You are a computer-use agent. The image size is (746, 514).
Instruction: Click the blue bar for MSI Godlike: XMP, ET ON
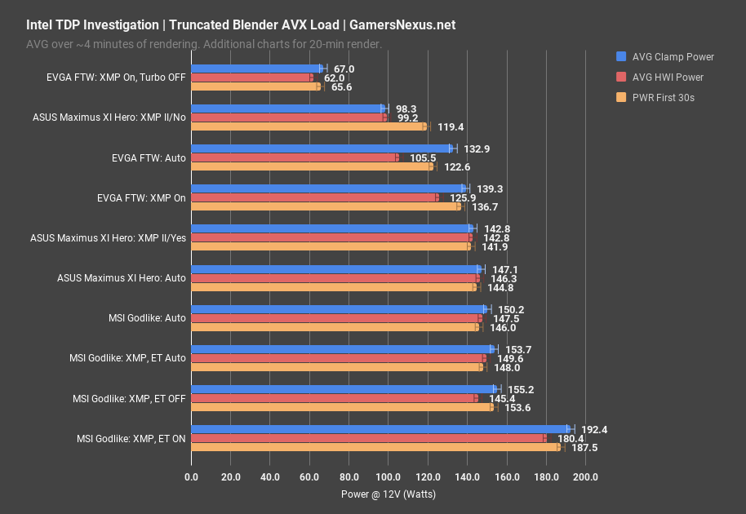[x=380, y=428]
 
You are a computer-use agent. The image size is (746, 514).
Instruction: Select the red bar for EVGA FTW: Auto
[x=295, y=157]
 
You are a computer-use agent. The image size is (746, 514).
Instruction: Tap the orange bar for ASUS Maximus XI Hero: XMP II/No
[x=309, y=126]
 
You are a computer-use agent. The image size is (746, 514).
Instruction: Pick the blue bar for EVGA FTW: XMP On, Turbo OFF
[x=257, y=69]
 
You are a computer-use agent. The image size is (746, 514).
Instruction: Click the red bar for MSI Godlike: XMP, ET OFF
[x=334, y=397]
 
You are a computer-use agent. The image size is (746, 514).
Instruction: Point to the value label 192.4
[x=593, y=428]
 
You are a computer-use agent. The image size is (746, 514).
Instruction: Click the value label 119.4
[x=450, y=127]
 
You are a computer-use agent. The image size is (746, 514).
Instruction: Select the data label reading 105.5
[x=422, y=157]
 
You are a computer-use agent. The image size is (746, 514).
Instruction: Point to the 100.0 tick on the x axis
[x=388, y=477]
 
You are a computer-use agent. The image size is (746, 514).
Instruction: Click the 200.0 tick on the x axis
[x=585, y=477]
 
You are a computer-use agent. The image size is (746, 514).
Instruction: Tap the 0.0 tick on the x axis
[x=191, y=477]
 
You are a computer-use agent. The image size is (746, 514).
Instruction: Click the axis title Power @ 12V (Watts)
[x=388, y=494]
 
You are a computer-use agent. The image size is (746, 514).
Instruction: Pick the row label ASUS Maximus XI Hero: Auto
[x=122, y=278]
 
